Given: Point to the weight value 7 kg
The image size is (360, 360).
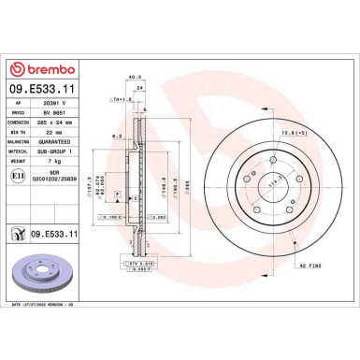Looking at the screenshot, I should click(x=50, y=156).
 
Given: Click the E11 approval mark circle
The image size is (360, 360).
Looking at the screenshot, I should click(x=17, y=174).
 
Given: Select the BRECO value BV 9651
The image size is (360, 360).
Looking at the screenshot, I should click(x=55, y=110).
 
